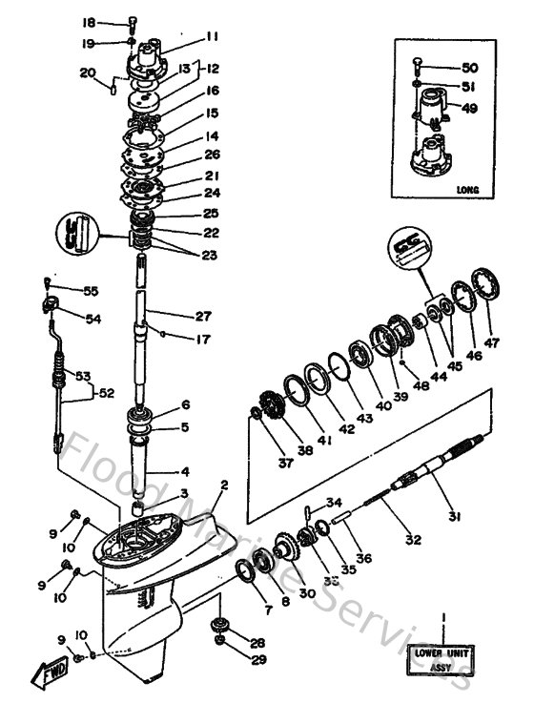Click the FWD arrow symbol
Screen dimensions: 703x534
tap(49, 676)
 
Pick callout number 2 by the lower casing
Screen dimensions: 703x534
tap(224, 486)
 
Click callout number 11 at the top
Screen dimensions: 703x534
tap(211, 37)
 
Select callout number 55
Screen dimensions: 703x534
tap(91, 290)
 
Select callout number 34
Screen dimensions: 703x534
tap(333, 503)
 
